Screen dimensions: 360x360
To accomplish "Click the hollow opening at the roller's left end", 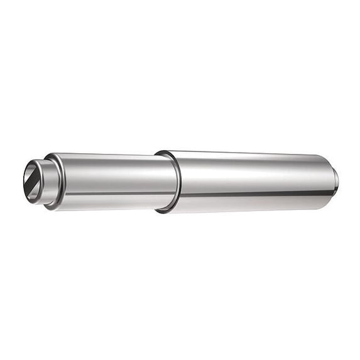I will [33, 181].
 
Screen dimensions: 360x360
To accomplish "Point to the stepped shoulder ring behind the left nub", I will [55, 182].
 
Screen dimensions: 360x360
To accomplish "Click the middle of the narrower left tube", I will [113, 182].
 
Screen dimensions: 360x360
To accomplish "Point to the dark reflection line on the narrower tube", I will [113, 194].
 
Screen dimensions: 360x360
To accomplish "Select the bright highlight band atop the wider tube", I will [251, 162].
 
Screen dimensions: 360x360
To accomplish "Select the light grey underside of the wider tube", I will [251, 205].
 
